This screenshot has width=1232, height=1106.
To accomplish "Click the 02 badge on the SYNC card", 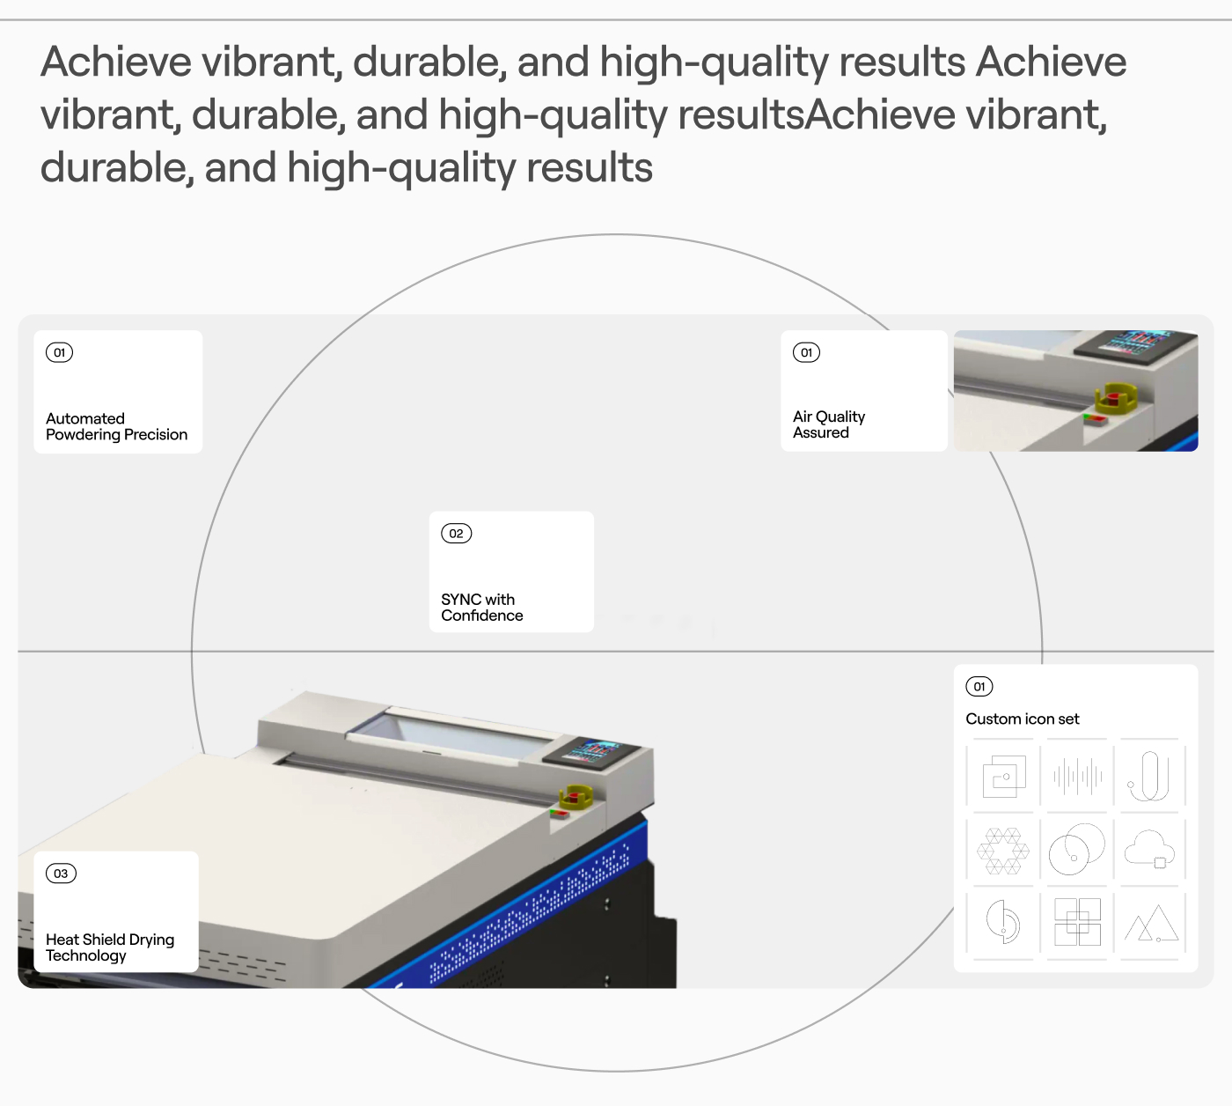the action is (x=456, y=534).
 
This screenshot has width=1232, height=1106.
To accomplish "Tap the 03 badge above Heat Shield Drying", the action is (x=61, y=874).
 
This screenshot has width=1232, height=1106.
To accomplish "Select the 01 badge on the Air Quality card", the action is (x=806, y=352).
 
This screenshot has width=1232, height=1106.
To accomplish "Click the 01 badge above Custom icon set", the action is (x=979, y=687).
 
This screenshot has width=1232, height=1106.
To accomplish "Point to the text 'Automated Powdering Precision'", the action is (x=117, y=426).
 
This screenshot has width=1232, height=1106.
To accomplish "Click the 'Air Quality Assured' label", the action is (x=829, y=424).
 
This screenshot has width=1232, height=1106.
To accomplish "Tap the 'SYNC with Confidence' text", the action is (x=482, y=608).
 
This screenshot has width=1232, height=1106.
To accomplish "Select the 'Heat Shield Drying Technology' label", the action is (x=110, y=947).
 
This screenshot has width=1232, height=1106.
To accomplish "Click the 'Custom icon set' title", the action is (x=1023, y=719).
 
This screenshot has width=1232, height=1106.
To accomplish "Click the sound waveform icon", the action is (x=1077, y=776).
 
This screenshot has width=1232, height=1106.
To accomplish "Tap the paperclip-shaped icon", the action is (x=1148, y=776).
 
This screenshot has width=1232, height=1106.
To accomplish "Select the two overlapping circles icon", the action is (x=1077, y=850).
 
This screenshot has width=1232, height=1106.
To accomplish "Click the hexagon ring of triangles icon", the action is (x=1003, y=851).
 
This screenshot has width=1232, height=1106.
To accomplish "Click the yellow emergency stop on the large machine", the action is (x=576, y=797).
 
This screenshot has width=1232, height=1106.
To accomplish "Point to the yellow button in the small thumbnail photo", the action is (x=1116, y=397).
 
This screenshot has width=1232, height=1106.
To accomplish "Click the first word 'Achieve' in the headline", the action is (x=116, y=62).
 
